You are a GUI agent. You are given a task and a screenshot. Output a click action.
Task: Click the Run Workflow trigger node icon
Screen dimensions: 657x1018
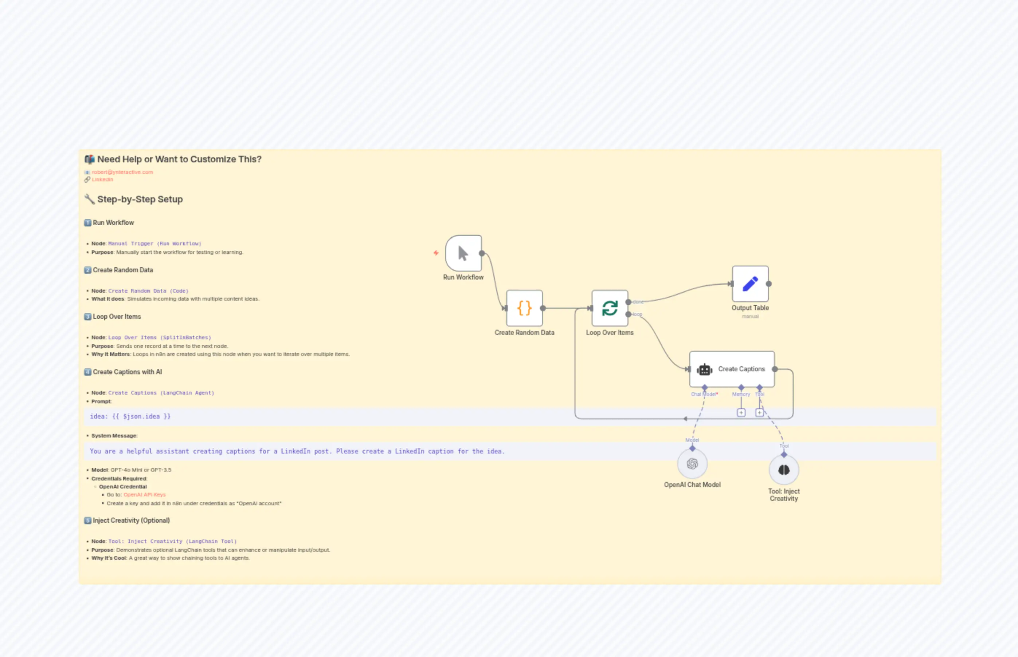click(x=463, y=253)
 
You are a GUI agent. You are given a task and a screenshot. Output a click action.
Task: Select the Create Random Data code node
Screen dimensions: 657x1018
click(x=524, y=308)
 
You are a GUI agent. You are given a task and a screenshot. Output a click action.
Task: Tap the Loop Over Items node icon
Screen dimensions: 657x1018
click(x=610, y=308)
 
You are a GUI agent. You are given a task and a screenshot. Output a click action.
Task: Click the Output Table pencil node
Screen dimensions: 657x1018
click(x=750, y=284)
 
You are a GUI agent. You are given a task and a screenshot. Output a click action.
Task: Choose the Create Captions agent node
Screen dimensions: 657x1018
click(x=732, y=369)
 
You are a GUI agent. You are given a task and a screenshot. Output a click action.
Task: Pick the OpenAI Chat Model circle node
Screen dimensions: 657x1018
click(x=692, y=464)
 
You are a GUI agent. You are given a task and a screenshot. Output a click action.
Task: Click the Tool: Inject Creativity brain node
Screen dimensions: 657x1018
click(x=784, y=470)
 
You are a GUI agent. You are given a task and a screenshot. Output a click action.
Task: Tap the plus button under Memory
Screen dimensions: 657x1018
click(x=741, y=412)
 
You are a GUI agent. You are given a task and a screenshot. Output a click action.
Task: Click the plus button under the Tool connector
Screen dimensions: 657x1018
click(x=759, y=412)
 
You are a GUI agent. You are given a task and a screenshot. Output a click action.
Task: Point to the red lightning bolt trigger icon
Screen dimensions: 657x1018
click(x=436, y=253)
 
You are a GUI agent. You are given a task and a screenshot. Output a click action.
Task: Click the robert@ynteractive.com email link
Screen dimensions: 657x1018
click(x=122, y=172)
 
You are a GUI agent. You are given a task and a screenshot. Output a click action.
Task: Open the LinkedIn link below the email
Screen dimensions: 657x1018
click(x=102, y=179)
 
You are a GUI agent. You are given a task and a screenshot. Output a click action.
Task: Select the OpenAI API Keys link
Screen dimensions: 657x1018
click(x=144, y=494)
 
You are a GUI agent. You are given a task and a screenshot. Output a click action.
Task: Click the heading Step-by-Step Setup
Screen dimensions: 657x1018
click(x=140, y=199)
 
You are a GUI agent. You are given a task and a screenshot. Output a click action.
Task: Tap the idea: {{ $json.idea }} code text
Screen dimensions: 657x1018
click(x=130, y=416)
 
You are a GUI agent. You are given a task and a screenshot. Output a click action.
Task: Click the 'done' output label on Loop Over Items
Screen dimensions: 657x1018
click(x=638, y=302)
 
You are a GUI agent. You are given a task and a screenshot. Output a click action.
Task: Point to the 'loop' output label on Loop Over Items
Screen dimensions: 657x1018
click(x=637, y=314)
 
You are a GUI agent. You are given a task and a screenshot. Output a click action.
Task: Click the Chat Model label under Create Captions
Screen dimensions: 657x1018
click(x=704, y=394)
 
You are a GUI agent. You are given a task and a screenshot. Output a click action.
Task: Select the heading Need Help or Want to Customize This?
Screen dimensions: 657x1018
click(x=179, y=159)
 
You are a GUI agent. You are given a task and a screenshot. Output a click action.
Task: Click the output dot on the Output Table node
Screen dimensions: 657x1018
click(x=769, y=284)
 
